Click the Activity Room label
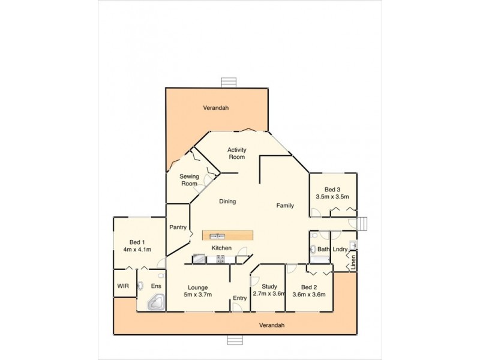click(x=236, y=154)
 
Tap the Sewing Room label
click(x=190, y=180)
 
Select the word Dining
click(x=227, y=202)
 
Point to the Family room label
click(x=285, y=206)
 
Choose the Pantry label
click(x=178, y=227)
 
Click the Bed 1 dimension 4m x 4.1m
click(x=137, y=250)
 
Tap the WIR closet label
click(x=123, y=286)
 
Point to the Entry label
click(x=240, y=298)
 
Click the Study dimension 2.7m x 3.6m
click(x=268, y=293)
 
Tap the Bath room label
click(x=323, y=249)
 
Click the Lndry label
click(x=340, y=249)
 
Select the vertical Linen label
click(x=353, y=262)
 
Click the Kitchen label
click(x=221, y=248)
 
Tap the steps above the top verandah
click(x=228, y=82)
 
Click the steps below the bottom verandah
click(x=235, y=340)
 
